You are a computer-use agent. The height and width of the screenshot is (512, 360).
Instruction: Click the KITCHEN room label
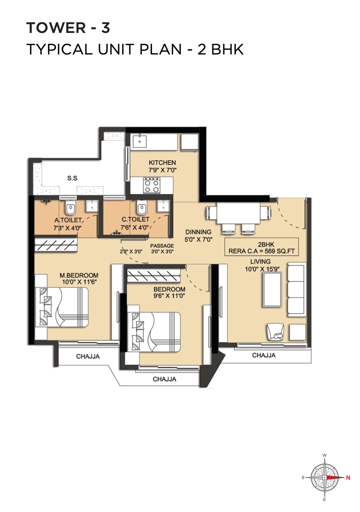click(x=162, y=163)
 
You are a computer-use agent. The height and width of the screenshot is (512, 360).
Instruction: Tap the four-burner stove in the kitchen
click(x=151, y=186)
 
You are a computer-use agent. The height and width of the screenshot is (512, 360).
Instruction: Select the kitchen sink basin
click(x=139, y=142)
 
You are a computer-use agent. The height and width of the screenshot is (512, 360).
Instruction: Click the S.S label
click(x=72, y=178)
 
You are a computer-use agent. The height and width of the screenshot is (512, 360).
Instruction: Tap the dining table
click(x=238, y=214)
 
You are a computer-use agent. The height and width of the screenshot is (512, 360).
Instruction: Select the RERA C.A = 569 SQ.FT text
click(x=262, y=251)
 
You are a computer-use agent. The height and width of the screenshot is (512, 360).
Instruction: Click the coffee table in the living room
click(x=272, y=290)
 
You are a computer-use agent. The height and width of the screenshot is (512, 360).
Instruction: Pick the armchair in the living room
click(x=275, y=332)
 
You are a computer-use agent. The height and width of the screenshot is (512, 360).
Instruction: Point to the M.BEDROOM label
click(x=79, y=275)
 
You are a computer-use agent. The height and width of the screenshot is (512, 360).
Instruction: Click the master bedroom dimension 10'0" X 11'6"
click(x=79, y=282)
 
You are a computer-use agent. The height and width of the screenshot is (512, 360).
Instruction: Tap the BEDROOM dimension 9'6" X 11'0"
click(x=169, y=296)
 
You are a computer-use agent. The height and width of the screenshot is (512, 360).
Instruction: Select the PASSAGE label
click(x=162, y=246)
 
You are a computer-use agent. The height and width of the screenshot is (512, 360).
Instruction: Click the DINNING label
click(x=198, y=232)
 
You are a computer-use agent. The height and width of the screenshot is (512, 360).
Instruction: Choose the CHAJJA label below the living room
click(x=264, y=355)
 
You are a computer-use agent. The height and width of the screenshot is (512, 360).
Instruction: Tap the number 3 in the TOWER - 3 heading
click(x=105, y=28)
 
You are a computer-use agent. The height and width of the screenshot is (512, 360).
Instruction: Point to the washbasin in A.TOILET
click(x=92, y=206)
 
